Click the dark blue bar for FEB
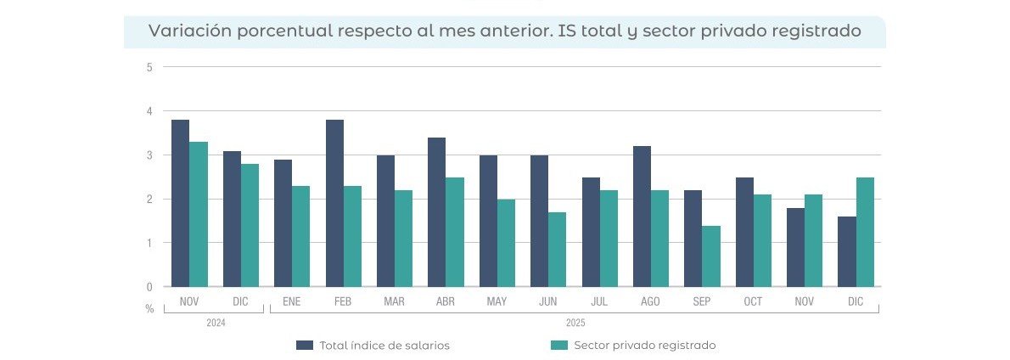tap(334, 204)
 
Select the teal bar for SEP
tap(711, 256)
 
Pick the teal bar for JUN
tap(557, 250)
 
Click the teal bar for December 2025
tap(865, 232)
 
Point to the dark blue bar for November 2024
tap(180, 204)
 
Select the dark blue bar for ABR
tap(437, 212)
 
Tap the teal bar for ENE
tap(301, 236)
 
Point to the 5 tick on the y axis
tap(149, 67)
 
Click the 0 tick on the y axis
tap(149, 287)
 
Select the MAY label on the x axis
tap(497, 302)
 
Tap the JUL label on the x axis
tap(599, 302)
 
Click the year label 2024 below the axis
tap(216, 323)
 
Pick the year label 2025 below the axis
tap(575, 323)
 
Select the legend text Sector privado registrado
tap(645, 345)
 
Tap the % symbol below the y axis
tap(149, 308)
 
